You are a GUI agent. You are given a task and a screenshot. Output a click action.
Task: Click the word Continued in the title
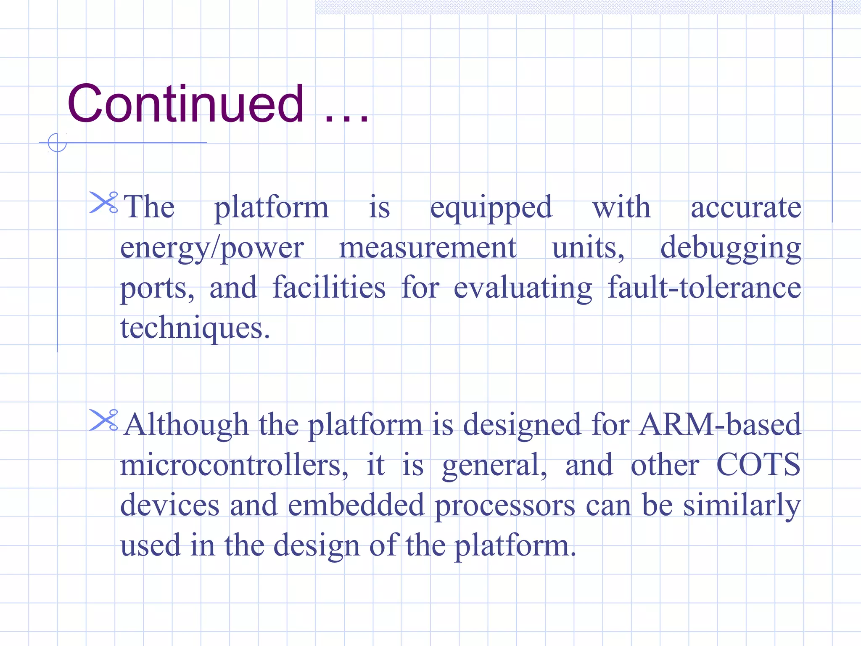pos(185,103)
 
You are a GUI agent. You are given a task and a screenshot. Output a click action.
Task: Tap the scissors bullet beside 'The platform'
pos(103,202)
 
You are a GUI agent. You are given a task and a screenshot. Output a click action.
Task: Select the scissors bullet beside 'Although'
pos(103,420)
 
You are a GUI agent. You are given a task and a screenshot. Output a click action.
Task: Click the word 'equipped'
pos(491,208)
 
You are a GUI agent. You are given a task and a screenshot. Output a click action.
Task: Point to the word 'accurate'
pos(746,207)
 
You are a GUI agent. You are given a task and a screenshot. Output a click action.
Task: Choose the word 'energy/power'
pos(212,249)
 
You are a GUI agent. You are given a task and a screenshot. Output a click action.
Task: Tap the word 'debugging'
pos(730,249)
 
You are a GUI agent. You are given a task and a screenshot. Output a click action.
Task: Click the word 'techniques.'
pos(195,328)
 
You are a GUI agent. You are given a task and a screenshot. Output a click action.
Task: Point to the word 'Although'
pos(187,425)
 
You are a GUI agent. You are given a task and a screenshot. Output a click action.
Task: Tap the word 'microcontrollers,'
pos(234,465)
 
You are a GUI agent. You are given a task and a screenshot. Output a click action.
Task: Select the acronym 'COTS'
pos(758,464)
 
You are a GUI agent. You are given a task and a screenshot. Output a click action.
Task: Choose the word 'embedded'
pos(356,505)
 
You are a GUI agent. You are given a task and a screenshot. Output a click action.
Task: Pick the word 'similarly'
pos(742,506)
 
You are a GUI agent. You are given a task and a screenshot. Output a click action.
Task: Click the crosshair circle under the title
pos(57,143)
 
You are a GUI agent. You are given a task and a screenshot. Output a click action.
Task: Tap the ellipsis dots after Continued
pos(347,119)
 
